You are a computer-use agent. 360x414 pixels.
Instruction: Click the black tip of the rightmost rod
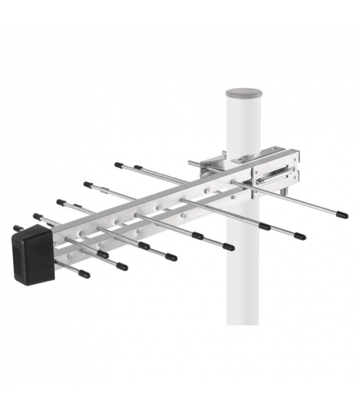[x=341, y=215]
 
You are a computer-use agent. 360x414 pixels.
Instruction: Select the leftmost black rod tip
[x=17, y=228]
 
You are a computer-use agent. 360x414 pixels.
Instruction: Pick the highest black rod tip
[x=119, y=164]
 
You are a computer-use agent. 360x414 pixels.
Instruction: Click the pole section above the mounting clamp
[x=242, y=123]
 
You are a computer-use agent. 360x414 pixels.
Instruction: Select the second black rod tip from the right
[x=299, y=236]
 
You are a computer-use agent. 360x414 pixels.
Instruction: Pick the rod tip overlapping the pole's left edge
[x=227, y=246]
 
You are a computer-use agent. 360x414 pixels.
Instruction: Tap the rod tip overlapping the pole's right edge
[x=264, y=227]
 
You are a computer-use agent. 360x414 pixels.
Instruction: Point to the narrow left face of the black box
[x=18, y=257]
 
